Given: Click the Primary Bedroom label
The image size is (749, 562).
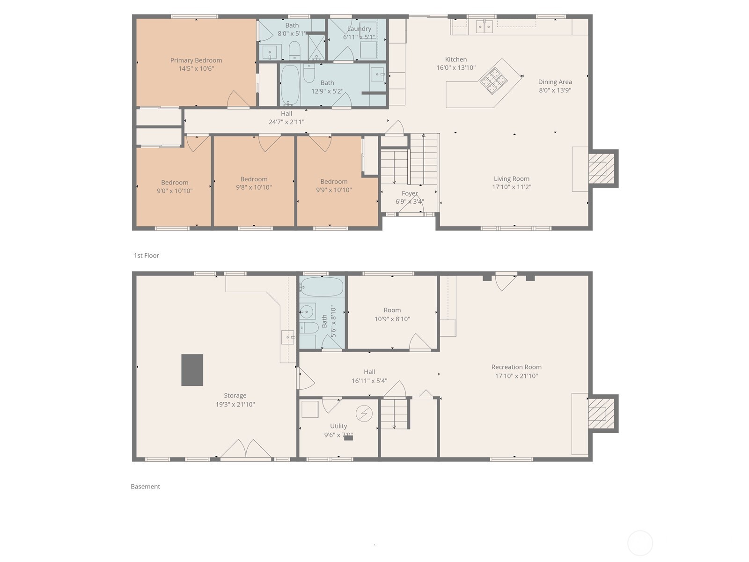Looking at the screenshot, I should (196, 60).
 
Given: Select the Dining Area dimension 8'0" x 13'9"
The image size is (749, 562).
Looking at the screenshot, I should (555, 90).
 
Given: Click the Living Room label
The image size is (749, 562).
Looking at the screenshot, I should (511, 179).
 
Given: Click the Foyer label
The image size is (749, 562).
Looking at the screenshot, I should (409, 193).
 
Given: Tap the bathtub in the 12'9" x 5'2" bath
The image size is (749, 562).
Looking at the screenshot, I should (290, 85).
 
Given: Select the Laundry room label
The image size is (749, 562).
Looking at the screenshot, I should (359, 29).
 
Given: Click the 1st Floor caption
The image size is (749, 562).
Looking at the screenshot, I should (147, 256).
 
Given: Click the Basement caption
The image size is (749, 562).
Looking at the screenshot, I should (145, 487).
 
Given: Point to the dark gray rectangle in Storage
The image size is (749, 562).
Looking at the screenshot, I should (192, 370).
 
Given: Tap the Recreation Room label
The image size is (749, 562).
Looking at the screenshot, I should (516, 367).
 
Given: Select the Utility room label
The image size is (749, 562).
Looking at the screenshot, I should (338, 426).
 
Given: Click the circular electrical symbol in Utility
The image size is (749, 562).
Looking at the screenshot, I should (364, 414).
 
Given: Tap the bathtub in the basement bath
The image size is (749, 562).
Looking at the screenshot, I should (322, 287).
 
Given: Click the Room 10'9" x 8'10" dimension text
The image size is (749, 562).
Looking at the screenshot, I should (392, 319).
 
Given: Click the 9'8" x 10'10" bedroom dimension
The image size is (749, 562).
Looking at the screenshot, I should (254, 187).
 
